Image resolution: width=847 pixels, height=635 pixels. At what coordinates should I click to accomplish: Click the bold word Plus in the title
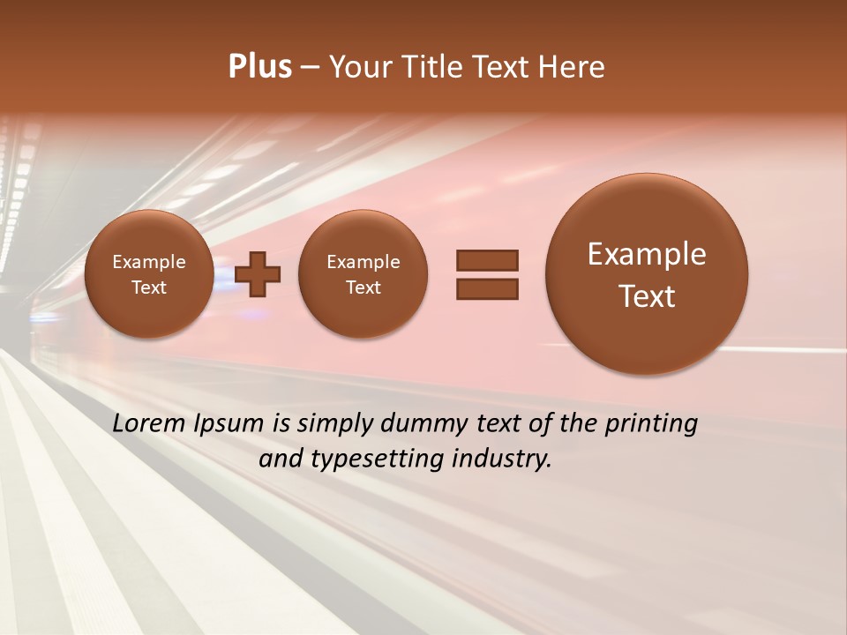coord(259,67)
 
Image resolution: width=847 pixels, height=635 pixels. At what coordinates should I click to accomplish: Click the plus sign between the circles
coord(258,274)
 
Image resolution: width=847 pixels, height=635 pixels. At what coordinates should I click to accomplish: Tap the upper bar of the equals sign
coord(486,260)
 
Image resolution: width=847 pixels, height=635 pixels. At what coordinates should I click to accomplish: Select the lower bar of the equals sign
coord(486,288)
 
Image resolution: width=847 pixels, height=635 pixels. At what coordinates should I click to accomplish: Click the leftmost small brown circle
coord(149,274)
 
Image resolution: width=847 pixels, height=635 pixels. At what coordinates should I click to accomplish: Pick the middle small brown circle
coord(363,274)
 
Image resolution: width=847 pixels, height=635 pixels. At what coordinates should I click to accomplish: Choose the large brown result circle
coord(647,274)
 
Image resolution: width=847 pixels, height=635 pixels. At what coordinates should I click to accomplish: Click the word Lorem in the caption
coord(150,423)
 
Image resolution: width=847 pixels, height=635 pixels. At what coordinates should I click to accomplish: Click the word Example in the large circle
coord(647,254)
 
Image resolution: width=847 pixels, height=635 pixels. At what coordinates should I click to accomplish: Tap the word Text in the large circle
coord(647,296)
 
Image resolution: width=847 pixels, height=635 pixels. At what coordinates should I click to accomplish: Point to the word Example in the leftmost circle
coord(149,262)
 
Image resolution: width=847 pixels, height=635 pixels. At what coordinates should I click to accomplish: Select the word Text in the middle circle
coord(363,288)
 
